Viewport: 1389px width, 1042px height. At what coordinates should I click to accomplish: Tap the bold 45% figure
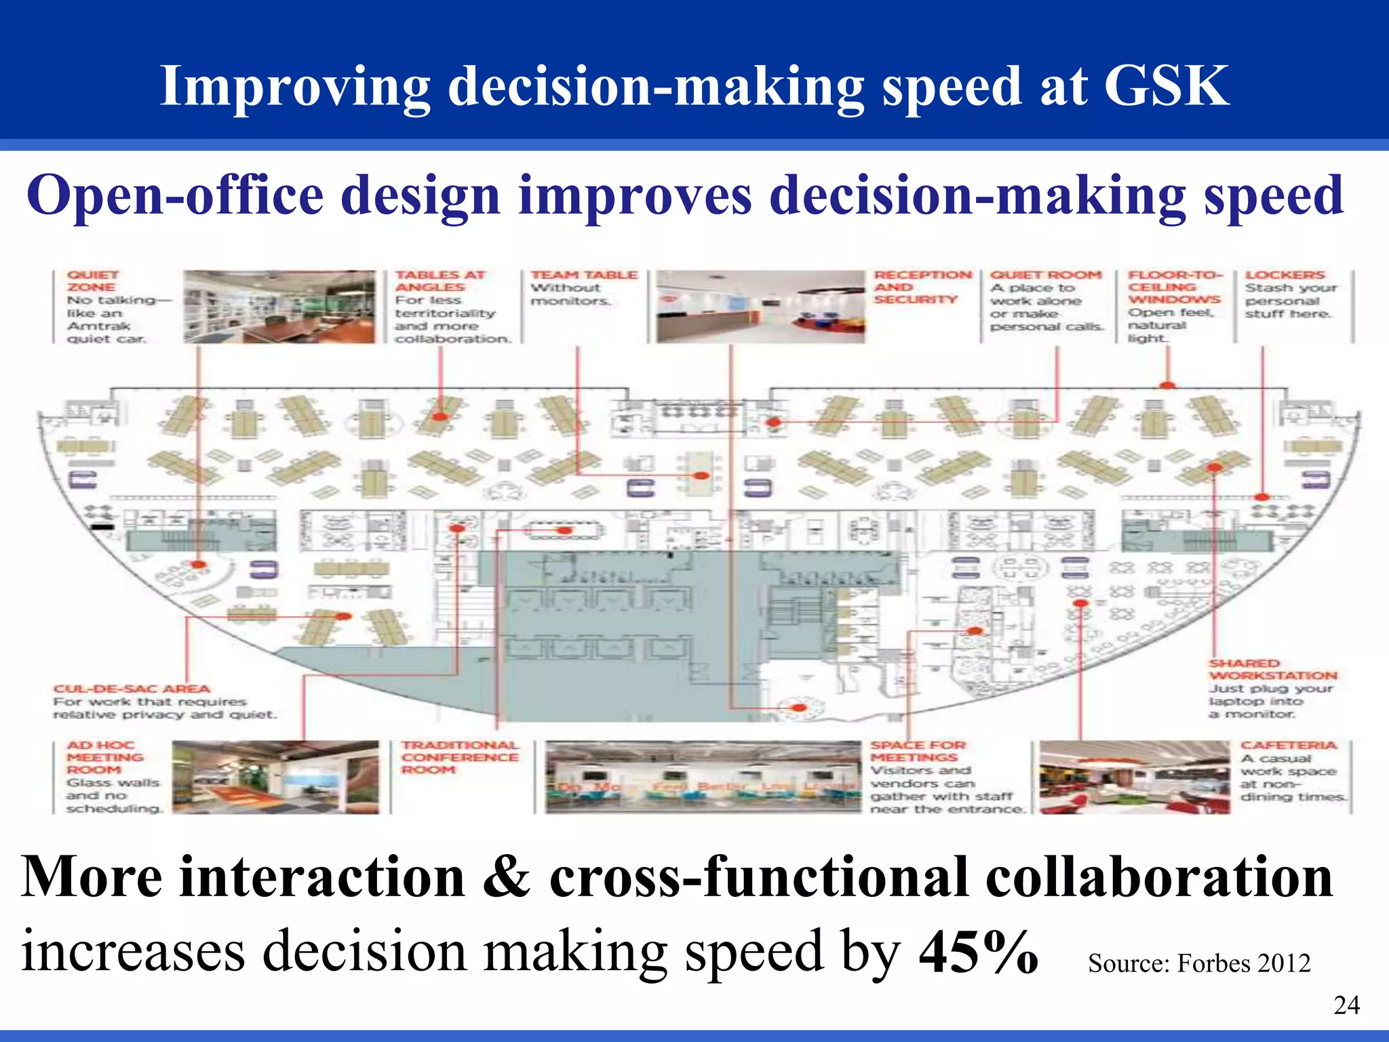click(x=978, y=951)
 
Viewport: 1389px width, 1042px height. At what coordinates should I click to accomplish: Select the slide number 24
click(x=1346, y=1005)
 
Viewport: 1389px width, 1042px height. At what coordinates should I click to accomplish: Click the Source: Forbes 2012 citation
click(x=1198, y=963)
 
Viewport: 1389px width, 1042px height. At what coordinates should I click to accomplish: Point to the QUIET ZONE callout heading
click(x=92, y=281)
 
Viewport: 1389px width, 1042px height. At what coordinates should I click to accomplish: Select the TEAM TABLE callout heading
click(x=583, y=275)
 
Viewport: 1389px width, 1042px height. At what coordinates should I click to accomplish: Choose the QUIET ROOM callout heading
click(x=1045, y=275)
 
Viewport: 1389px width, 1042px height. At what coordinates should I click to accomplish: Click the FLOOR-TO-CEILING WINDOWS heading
click(x=1174, y=286)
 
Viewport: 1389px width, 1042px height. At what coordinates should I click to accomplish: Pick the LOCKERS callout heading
click(x=1284, y=275)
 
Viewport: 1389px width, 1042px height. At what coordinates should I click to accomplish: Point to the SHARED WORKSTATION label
click(x=1272, y=669)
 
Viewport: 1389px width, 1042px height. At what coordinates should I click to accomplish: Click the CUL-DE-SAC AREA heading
click(x=132, y=689)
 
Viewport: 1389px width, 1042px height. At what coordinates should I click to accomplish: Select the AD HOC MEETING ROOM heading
click(x=104, y=757)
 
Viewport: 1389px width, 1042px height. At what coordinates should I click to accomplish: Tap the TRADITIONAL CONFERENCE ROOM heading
click(x=459, y=757)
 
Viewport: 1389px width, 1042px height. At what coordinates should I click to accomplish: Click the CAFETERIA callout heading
click(x=1288, y=745)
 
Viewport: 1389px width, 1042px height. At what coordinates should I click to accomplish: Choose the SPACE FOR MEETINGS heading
click(x=917, y=751)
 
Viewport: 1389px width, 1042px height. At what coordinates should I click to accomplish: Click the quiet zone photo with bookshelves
click(x=279, y=307)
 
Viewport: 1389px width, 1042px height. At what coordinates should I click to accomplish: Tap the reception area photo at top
click(x=758, y=307)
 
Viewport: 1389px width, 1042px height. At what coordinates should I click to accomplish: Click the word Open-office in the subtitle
click(x=175, y=195)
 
